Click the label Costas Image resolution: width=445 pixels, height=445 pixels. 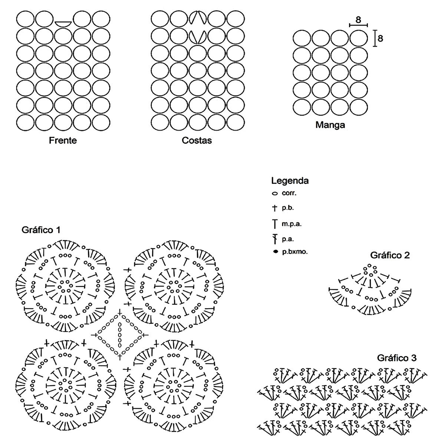pos(197,141)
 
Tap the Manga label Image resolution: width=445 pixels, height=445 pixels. pos(330,125)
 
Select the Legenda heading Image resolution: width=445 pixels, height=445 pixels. pos(290,181)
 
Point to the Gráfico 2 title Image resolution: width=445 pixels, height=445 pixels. pos(390,255)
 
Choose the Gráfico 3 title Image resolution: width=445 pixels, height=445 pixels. pos(397,358)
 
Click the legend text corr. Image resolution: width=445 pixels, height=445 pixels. pos(289,193)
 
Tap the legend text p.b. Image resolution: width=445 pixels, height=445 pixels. pos(288,208)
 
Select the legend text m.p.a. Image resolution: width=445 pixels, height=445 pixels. pos(290,224)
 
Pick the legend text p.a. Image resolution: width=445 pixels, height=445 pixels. pos(288,239)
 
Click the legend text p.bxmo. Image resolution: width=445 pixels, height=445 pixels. pos(294,252)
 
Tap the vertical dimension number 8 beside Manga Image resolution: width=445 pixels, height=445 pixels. pos(380,38)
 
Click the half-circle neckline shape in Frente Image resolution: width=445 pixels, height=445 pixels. pos(63,23)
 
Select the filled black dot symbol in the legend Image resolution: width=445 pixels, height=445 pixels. pos(275,252)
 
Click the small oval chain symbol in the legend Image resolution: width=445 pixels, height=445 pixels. pos(275,194)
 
